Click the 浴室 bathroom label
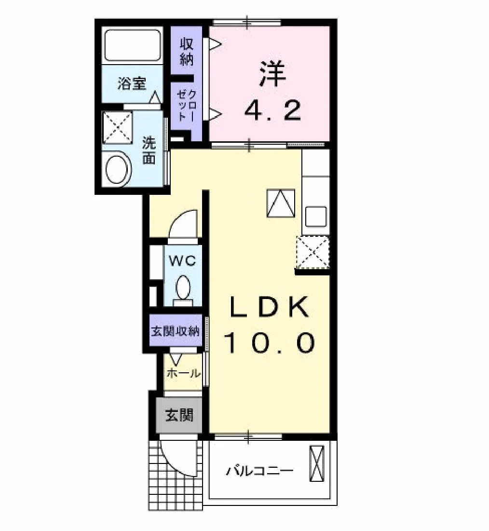(x=132, y=83)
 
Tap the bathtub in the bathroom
(x=132, y=45)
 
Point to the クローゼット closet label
(x=186, y=105)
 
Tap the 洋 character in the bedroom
(x=272, y=73)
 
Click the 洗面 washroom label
(x=149, y=150)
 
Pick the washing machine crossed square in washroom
(x=117, y=126)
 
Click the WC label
(x=182, y=261)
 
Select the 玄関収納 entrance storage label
(x=175, y=331)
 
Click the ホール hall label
(x=184, y=373)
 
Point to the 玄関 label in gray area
(x=179, y=415)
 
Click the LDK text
(x=270, y=306)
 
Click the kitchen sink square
(x=316, y=217)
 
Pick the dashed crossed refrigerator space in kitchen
(x=313, y=252)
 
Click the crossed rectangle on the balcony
(x=317, y=463)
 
